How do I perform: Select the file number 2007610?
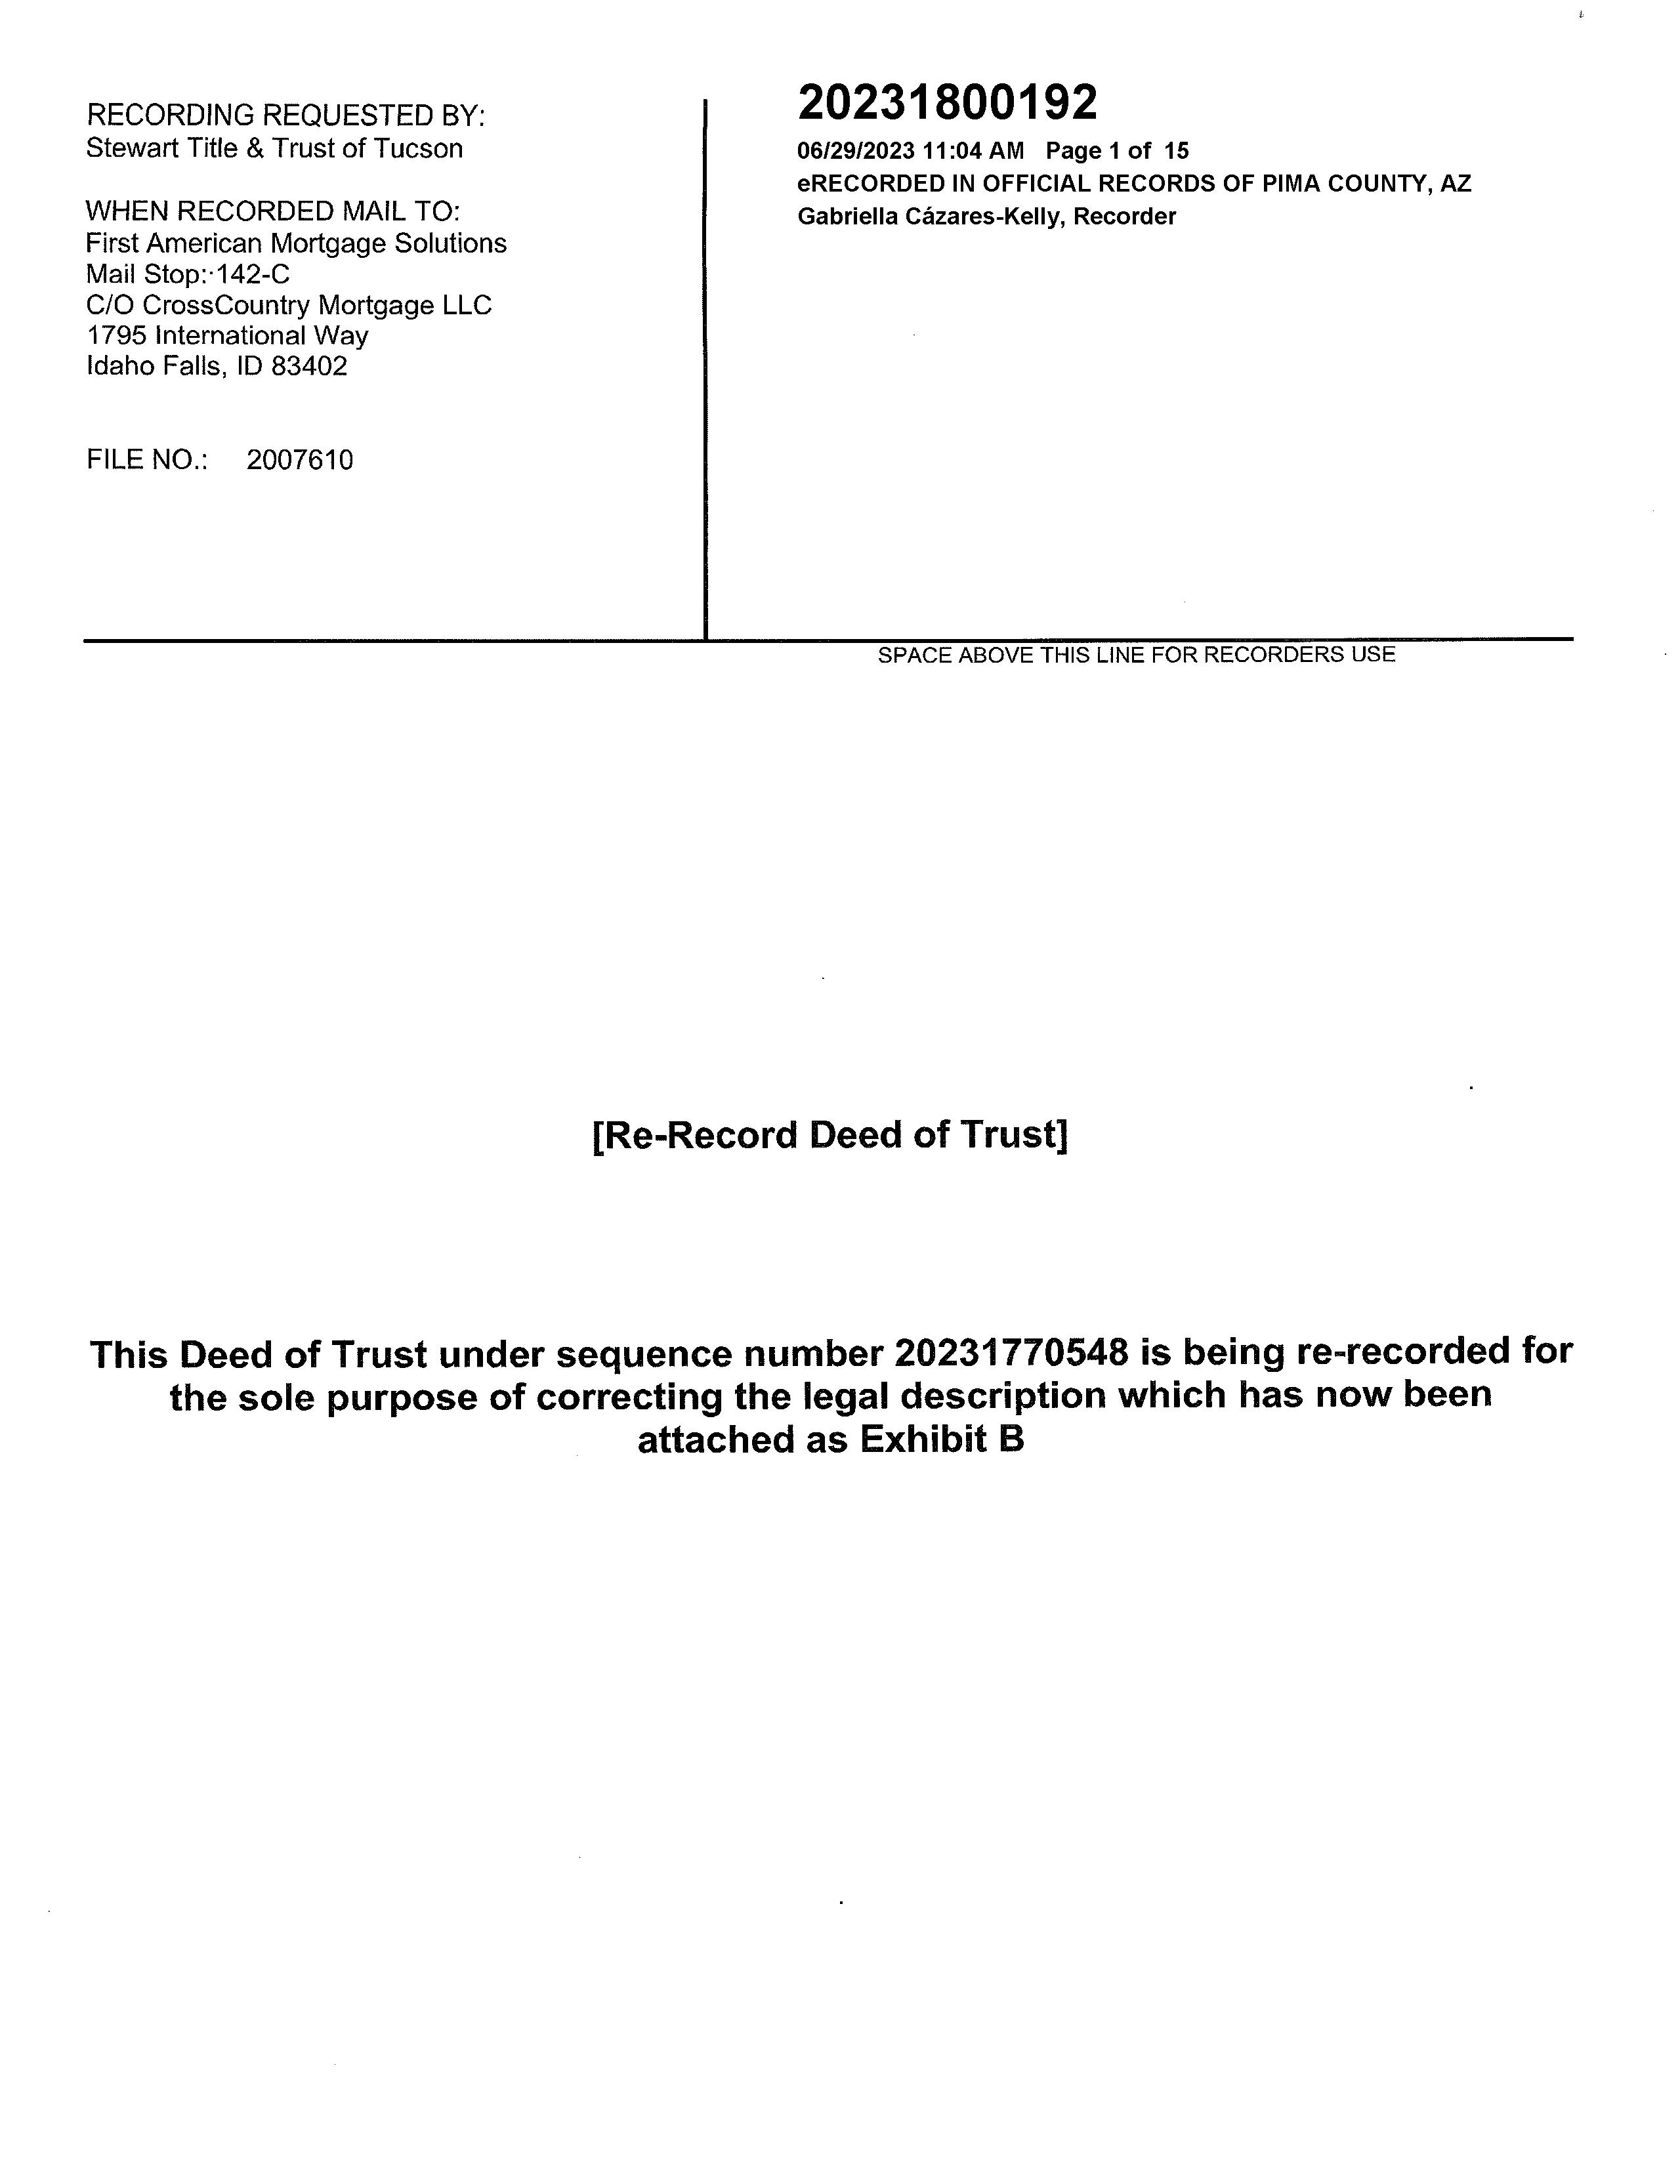coord(299,460)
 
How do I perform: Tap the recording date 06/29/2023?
coord(855,152)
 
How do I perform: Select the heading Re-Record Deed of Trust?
coord(830,1135)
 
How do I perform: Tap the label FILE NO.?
coord(147,460)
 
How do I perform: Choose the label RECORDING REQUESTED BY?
coord(285,116)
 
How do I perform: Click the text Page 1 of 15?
coord(1117,152)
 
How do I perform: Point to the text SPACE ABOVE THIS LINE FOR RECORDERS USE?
coord(1135,655)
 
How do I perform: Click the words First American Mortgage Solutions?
coord(295,244)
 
